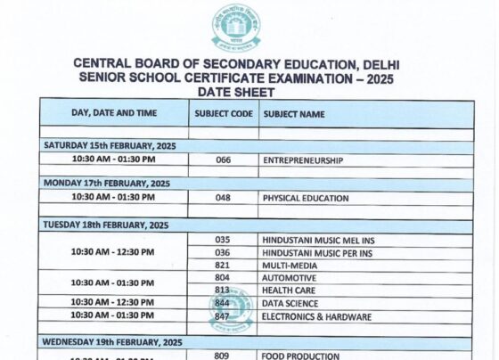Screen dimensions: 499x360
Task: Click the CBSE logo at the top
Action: click(235, 29)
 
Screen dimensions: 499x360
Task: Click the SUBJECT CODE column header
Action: click(223, 114)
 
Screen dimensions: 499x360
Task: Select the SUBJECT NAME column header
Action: click(293, 114)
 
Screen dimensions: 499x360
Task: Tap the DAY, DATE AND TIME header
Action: click(113, 113)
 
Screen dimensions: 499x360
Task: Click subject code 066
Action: click(223, 160)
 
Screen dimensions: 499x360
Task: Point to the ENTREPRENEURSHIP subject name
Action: click(303, 160)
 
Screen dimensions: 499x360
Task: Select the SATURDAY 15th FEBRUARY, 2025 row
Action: click(110, 145)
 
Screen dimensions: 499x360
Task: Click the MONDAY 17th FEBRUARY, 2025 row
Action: click(107, 184)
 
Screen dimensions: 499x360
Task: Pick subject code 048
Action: click(223, 198)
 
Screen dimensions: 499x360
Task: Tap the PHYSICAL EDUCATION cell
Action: click(306, 198)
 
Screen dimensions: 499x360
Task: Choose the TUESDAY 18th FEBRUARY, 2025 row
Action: click(106, 225)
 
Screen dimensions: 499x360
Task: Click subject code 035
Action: click(223, 240)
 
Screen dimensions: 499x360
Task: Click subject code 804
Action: click(223, 278)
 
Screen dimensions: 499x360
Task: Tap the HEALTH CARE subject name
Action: click(289, 290)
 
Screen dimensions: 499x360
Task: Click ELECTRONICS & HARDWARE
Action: click(316, 316)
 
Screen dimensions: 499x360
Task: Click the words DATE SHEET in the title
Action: click(237, 92)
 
